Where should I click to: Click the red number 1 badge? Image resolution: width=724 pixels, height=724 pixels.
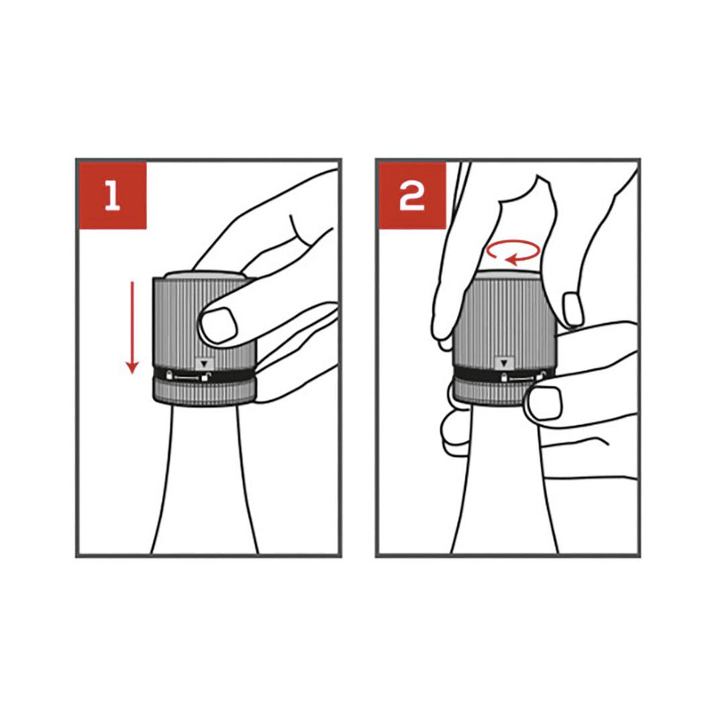[x=112, y=195]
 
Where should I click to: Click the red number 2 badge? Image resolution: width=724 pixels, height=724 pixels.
[x=412, y=195]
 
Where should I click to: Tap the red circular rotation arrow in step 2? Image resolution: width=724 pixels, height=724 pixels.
[x=513, y=252]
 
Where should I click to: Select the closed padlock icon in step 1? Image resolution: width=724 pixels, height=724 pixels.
[x=170, y=375]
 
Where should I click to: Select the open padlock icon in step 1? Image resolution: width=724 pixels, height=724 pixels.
[x=206, y=376]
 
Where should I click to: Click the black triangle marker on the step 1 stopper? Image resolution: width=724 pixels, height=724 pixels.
[x=204, y=364]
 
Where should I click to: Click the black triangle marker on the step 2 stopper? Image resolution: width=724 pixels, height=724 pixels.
[x=503, y=363]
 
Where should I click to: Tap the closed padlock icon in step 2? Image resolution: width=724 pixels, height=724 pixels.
[x=505, y=378]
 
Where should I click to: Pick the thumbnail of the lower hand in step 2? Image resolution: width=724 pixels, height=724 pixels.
[x=544, y=403]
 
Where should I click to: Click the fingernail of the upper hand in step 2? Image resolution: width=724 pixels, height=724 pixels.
[x=573, y=308]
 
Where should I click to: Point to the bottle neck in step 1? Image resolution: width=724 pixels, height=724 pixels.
[x=204, y=479]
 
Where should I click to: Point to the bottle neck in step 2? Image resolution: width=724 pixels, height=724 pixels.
[x=505, y=480]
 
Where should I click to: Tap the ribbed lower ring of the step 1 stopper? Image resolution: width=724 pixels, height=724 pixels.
[x=204, y=392]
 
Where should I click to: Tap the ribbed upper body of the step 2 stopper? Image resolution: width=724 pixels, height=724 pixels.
[x=503, y=322]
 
